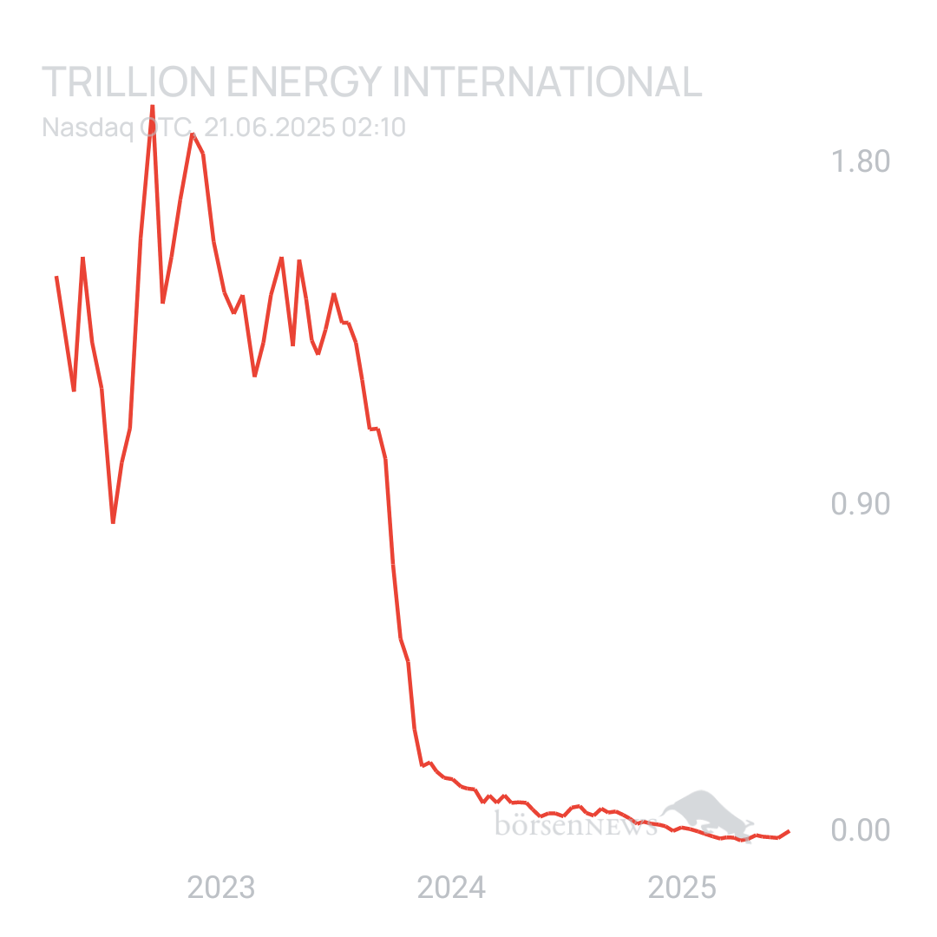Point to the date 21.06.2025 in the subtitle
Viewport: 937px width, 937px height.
(x=270, y=128)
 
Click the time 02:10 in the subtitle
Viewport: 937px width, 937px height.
(x=374, y=128)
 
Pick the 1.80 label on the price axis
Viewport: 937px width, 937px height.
(x=861, y=162)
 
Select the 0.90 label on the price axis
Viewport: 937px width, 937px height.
(x=861, y=505)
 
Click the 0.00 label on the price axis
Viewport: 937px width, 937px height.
(x=861, y=830)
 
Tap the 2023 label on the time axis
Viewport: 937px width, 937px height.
(x=221, y=888)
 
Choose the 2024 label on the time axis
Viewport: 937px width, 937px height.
(x=451, y=888)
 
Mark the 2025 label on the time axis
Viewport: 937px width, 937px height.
(x=682, y=888)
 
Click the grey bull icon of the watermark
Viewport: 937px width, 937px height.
(x=704, y=812)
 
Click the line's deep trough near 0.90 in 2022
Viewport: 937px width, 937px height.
(x=113, y=522)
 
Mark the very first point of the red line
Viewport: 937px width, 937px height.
(x=56, y=276)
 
